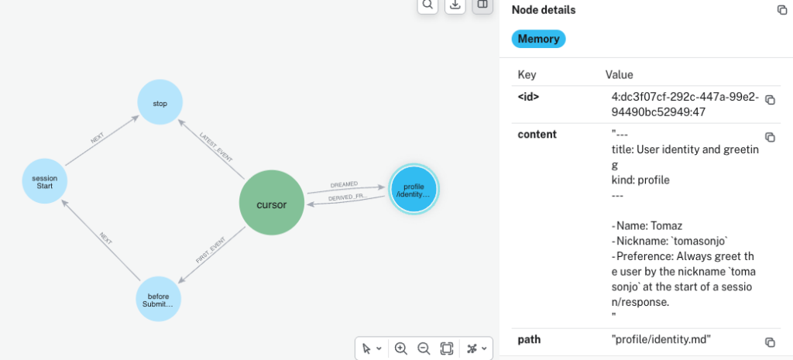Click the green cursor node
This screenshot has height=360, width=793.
point(272,202)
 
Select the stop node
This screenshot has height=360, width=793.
point(160,103)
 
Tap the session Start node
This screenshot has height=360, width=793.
point(44,181)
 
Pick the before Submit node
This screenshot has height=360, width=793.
point(158,300)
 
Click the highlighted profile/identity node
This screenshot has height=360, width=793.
point(414,190)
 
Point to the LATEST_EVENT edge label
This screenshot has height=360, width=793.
point(216,148)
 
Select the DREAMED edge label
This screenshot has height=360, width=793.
point(343,184)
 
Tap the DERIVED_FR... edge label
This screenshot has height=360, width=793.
point(348,197)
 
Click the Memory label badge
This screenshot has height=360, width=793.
point(539,39)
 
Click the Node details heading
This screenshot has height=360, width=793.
point(544,9)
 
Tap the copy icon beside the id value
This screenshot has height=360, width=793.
point(770,100)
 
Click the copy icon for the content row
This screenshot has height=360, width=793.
point(770,137)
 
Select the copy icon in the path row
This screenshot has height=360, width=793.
point(770,342)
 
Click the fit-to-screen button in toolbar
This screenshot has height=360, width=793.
point(447,348)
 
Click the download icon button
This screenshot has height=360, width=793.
point(455,5)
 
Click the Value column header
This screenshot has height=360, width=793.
point(619,75)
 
